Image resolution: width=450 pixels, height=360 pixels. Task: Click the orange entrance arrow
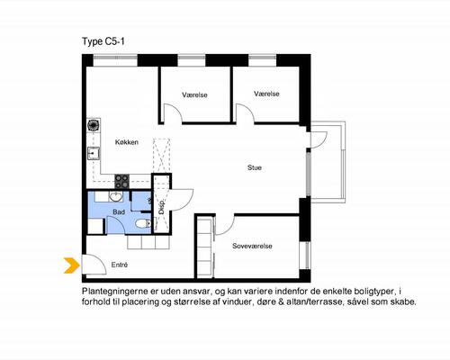pyautogui.click(x=72, y=265)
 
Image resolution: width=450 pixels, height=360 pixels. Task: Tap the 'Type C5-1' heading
pyautogui.click(x=103, y=41)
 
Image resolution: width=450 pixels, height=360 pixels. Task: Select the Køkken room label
pyautogui.click(x=127, y=142)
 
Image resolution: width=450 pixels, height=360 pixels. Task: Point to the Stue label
pyautogui.click(x=255, y=167)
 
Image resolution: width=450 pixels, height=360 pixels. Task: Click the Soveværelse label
pyautogui.click(x=252, y=246)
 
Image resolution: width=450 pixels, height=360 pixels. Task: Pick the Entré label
pyautogui.click(x=120, y=265)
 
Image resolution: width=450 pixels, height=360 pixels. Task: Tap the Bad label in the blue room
pyautogui.click(x=119, y=212)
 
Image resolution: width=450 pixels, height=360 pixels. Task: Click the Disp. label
pyautogui.click(x=162, y=207)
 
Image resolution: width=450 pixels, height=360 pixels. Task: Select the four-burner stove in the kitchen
pyautogui.click(x=122, y=181)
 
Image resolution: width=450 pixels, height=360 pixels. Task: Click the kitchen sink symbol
pyautogui.click(x=94, y=153)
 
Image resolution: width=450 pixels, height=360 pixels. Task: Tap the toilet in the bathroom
pyautogui.click(x=143, y=223)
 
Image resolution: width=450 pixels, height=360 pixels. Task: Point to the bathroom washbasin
pyautogui.click(x=115, y=196)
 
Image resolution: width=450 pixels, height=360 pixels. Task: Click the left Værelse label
pyautogui.click(x=194, y=95)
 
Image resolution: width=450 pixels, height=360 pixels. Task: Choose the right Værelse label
pyautogui.click(x=266, y=94)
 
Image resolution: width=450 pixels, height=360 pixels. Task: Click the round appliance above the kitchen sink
pyautogui.click(x=94, y=125)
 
